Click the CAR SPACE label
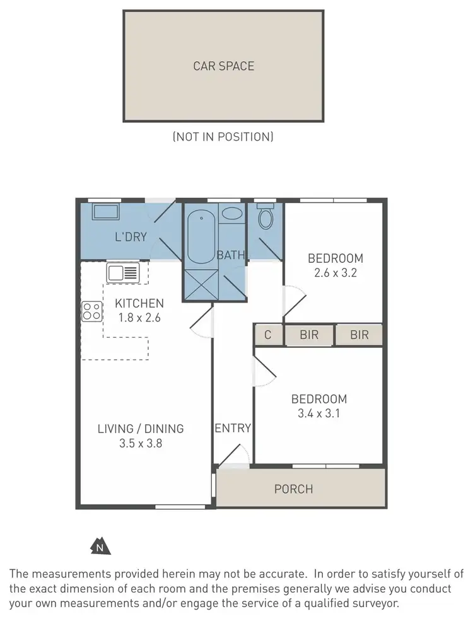pos(223,66)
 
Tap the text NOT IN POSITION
pos(223,136)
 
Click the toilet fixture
pos(266,217)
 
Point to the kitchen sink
pos(122,273)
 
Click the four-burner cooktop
pos(91,311)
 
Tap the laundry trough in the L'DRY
pos(107,212)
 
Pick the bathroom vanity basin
pos(232,213)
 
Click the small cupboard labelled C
pos(268,335)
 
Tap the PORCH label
pos(294,489)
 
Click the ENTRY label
pos(233,429)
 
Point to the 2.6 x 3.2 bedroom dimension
pos(335,274)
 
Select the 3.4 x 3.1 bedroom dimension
pos(318,414)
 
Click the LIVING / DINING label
pos(141,429)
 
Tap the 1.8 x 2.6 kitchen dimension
pos(139,318)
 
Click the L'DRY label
pos(131,237)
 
